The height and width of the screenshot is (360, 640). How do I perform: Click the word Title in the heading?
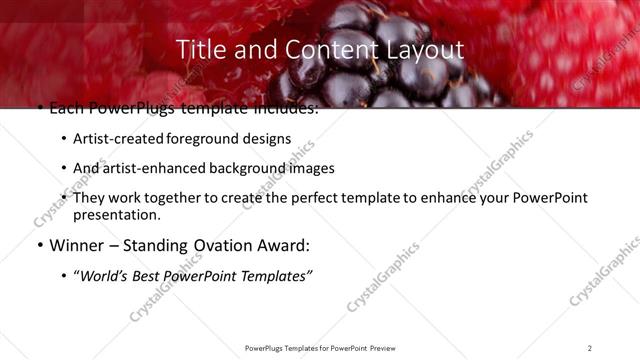tap(199, 49)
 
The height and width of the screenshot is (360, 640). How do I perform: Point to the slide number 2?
tap(590, 348)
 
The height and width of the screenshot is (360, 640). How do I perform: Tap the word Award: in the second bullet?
tap(283, 245)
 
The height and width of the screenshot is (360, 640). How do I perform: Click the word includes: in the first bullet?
tap(284, 108)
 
